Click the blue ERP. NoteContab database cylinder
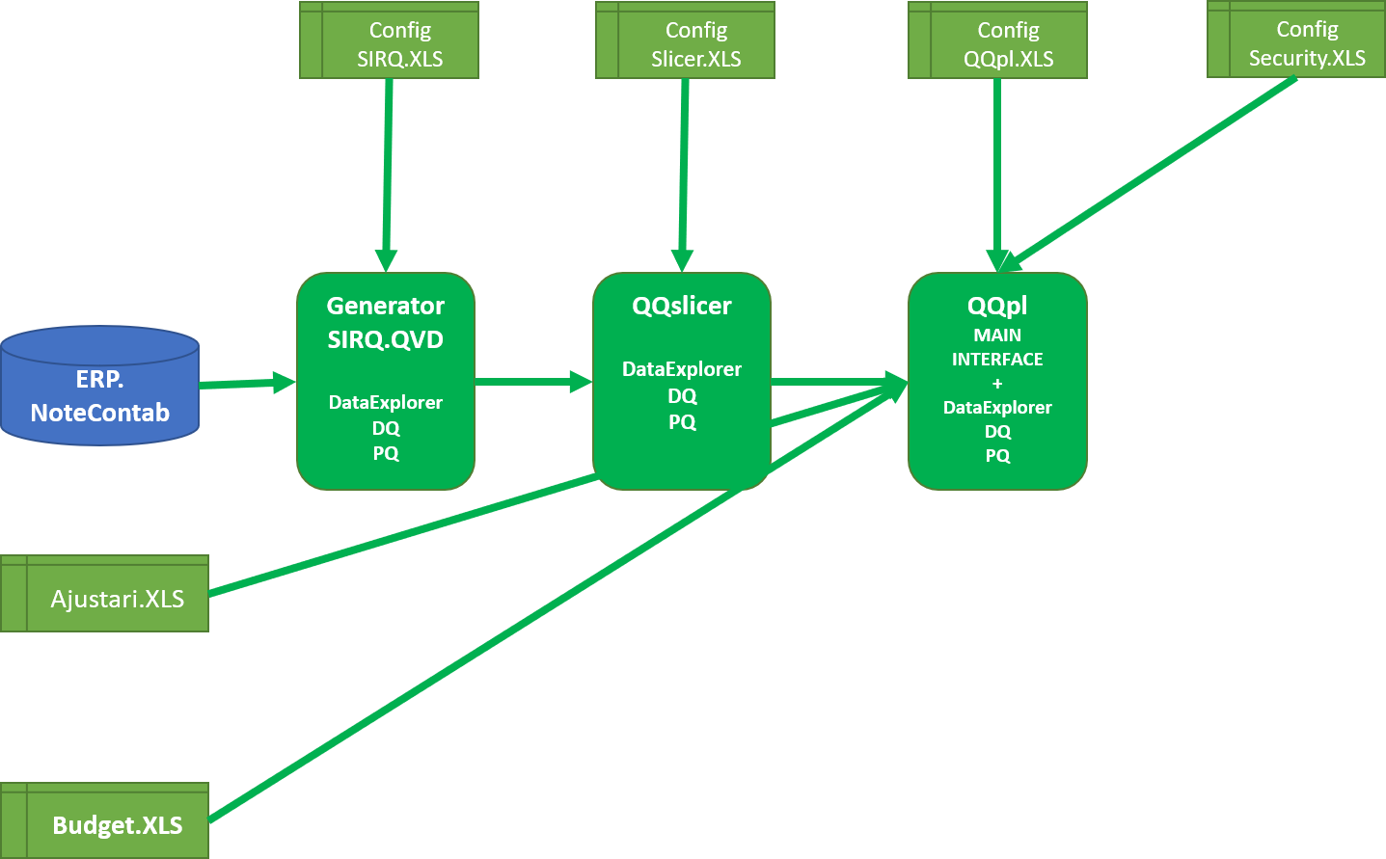(99, 386)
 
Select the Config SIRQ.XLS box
(390, 40)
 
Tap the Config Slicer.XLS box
(685, 40)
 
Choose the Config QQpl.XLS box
(997, 40)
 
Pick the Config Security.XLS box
(1296, 39)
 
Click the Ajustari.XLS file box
(104, 594)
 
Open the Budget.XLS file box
(104, 820)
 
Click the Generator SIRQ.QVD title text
(386, 323)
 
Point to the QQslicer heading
(682, 307)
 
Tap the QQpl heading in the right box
(997, 307)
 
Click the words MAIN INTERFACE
(997, 347)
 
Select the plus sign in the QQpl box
(997, 384)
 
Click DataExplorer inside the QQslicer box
(682, 369)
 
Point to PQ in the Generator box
(386, 453)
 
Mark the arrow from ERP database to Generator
(248, 384)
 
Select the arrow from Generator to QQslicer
(534, 382)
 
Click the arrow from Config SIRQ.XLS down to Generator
(388, 175)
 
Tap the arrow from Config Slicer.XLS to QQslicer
(684, 175)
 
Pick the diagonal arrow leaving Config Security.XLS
(1148, 174)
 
